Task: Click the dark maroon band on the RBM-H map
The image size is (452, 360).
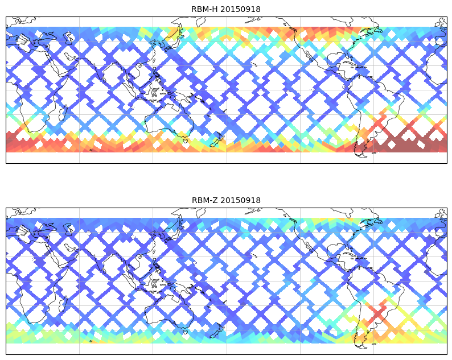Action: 410,145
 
